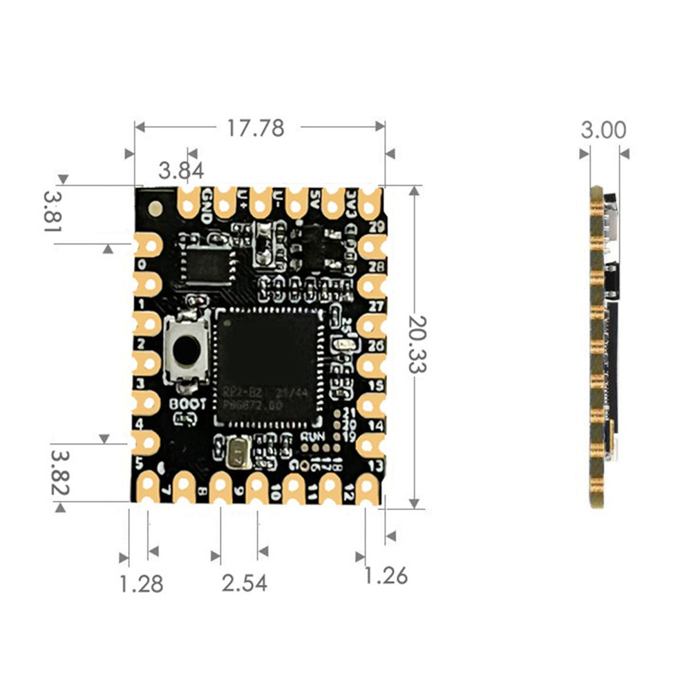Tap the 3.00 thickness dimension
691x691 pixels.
(x=603, y=131)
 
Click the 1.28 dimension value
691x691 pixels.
(x=141, y=584)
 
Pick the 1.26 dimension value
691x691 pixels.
(x=386, y=575)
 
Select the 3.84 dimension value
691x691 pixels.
(x=181, y=170)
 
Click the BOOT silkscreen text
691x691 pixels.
(x=187, y=404)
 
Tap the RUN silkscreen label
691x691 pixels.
(x=313, y=437)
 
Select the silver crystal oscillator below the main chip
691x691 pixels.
(x=238, y=453)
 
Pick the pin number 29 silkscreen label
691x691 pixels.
(x=377, y=227)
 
